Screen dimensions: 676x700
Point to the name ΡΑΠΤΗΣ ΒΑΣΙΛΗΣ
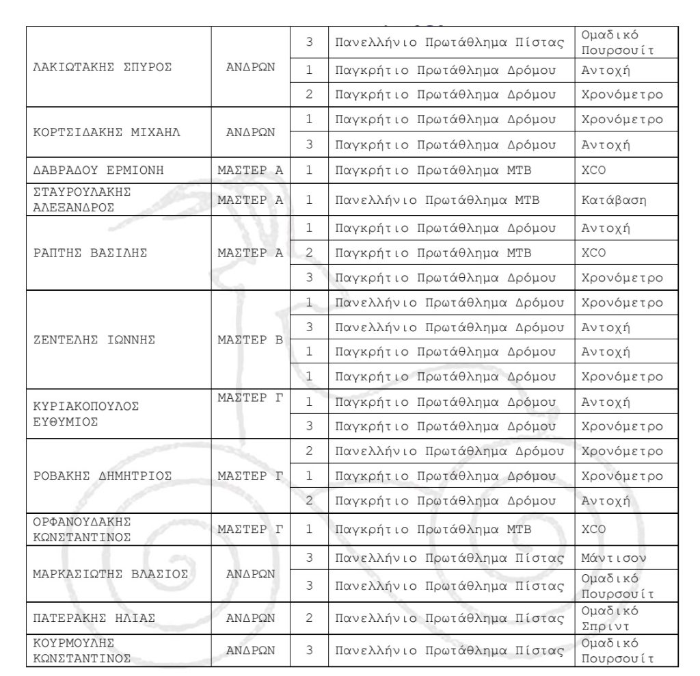pos(90,253)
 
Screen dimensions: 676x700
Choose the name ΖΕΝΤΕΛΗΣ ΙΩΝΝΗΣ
pos(94,340)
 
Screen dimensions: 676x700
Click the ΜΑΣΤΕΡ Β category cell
pos(250,340)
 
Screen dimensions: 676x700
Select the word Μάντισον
pos(610,558)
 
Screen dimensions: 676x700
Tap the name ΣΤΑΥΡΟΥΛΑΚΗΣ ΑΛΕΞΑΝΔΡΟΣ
pos(82,201)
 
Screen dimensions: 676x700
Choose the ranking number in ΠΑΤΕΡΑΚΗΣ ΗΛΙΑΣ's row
pos(309,619)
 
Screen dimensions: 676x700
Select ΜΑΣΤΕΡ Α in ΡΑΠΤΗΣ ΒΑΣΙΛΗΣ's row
pos(250,253)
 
